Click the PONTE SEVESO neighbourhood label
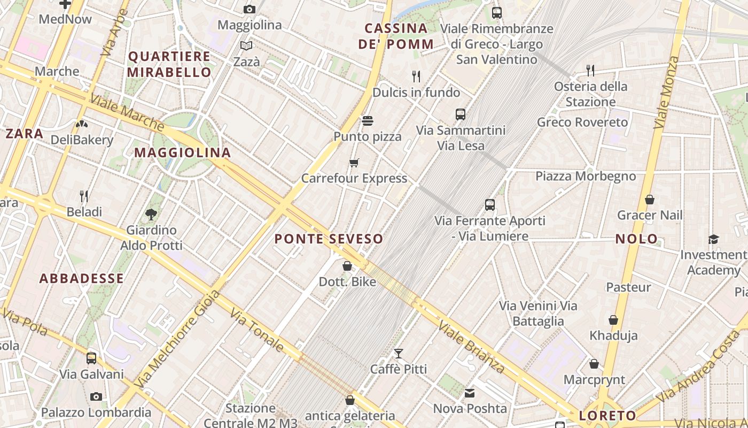[329, 239]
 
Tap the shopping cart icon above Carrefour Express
[354, 163]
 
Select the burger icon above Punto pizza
[367, 121]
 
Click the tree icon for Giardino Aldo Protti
[151, 215]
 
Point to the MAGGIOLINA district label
[182, 152]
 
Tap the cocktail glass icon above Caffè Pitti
[399, 353]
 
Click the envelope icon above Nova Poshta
[470, 393]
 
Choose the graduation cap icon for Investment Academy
[713, 239]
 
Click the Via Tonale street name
[257, 330]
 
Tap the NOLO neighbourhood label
[636, 239]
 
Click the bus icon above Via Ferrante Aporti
[490, 204]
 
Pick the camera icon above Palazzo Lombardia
[96, 396]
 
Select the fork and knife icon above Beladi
[84, 196]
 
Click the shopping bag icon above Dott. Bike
[347, 265]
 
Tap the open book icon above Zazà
[246, 46]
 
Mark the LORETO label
[607, 416]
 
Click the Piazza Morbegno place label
[586, 176]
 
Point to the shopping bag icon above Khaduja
[613, 320]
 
